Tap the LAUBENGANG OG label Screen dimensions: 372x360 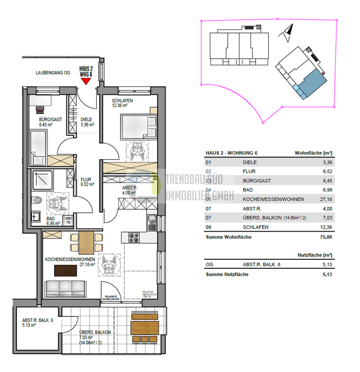[53, 73]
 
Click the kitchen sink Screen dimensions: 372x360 [151, 220]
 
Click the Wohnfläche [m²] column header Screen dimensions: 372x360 [313, 153]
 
